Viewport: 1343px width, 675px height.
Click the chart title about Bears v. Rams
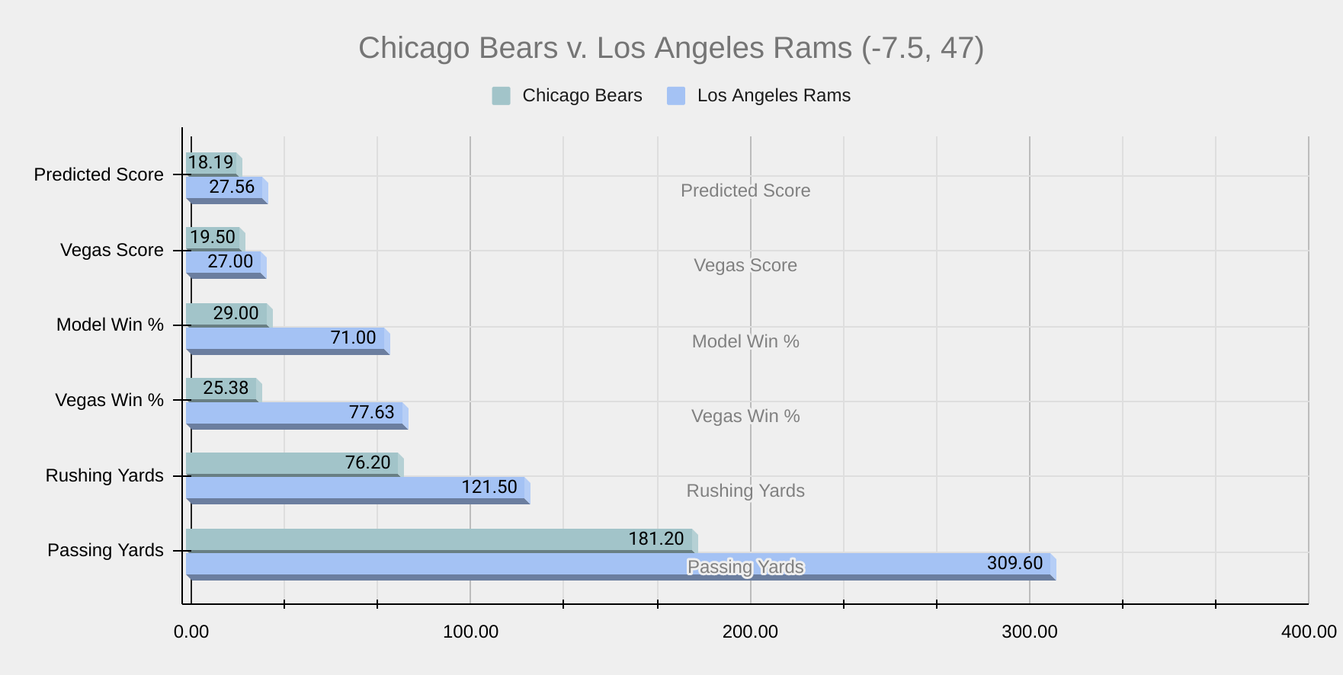[671, 48]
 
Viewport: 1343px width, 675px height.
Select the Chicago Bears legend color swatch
[501, 96]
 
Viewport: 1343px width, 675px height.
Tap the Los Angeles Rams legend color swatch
[676, 96]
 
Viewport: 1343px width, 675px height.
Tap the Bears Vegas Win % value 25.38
[226, 389]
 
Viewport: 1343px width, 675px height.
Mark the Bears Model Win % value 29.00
[236, 313]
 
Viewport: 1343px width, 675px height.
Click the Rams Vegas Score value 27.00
[230, 262]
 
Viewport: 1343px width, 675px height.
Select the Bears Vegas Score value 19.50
[213, 238]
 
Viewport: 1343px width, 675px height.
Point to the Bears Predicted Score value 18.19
[211, 163]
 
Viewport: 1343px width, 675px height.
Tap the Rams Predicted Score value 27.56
[232, 187]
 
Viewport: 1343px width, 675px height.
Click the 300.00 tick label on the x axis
[1029, 632]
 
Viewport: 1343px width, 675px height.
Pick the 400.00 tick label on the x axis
[1309, 632]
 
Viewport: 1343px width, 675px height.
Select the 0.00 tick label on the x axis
[191, 632]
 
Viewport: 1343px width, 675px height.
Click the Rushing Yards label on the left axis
[104, 476]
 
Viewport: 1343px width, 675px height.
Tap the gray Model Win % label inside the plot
[745, 342]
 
